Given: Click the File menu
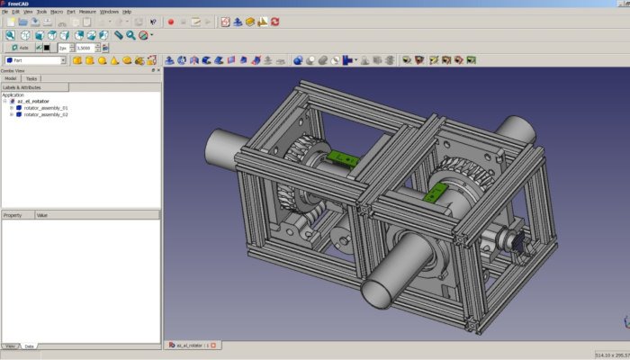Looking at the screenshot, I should tap(4, 12).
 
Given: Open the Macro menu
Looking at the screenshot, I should tap(57, 12).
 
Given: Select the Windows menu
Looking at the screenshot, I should tap(109, 12).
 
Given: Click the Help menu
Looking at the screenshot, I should tap(127, 12).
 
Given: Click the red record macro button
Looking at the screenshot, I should tap(170, 22).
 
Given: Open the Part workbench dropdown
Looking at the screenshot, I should tap(35, 60).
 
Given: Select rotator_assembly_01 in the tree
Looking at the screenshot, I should tap(46, 108).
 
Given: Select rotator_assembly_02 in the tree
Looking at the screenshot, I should tap(46, 115).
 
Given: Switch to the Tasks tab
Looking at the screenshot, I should tap(31, 78).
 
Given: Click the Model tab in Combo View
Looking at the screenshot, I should tap(11, 78).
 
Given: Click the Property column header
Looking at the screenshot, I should tap(13, 216).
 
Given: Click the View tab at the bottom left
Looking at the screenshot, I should tap(10, 346).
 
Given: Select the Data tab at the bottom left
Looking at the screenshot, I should tap(29, 346).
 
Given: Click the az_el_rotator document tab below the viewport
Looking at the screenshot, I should tap(189, 346).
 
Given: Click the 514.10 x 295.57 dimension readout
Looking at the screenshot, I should tap(610, 355).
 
